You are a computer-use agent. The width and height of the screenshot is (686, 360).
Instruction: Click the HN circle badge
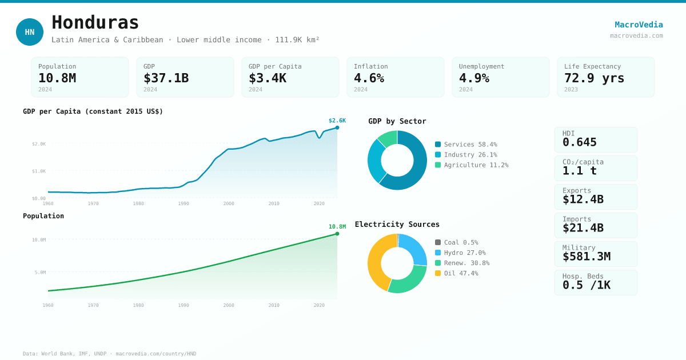click(x=30, y=32)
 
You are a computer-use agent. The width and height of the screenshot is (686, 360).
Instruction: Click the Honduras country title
click(x=95, y=23)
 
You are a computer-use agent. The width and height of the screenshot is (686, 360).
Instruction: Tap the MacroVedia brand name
click(x=639, y=25)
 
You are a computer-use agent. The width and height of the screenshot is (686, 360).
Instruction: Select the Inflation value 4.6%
click(x=369, y=78)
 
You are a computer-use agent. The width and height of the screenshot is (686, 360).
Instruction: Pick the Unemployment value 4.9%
click(x=474, y=78)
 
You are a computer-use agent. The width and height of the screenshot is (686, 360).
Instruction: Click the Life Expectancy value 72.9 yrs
click(x=594, y=78)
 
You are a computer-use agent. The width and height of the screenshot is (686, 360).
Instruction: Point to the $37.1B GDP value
click(x=166, y=78)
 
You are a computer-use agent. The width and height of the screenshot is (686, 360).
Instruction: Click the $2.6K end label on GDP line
click(x=337, y=121)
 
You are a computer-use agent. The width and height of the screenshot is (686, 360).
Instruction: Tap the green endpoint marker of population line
click(x=337, y=234)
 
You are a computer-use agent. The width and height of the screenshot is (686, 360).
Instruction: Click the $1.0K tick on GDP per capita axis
click(x=39, y=171)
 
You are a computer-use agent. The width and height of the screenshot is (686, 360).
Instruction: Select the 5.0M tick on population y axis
click(x=40, y=273)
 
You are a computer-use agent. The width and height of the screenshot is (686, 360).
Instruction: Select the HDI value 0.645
click(x=579, y=142)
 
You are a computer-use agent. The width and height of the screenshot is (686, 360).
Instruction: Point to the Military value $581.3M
click(x=586, y=257)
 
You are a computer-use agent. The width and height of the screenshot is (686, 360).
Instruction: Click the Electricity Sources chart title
click(x=397, y=225)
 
